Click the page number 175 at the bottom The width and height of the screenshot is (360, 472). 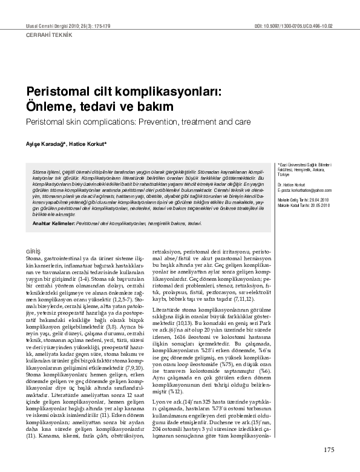[x=329, y=450]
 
